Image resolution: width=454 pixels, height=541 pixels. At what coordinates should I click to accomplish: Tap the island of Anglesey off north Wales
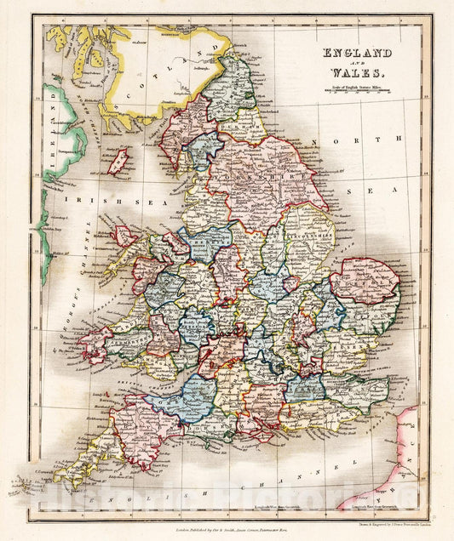pos(126,235)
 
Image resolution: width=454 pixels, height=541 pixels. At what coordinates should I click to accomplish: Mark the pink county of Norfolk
pos(364,282)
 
